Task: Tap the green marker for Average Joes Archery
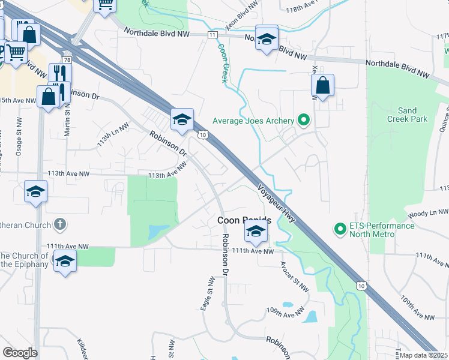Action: (x=304, y=121)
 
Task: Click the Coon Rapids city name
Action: (x=243, y=221)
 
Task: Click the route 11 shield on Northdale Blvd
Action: (x=212, y=35)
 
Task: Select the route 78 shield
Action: (x=67, y=60)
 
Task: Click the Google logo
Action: (x=20, y=352)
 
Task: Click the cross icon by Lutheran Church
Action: (x=59, y=224)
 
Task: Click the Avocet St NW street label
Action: (x=294, y=277)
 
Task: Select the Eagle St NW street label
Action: (x=206, y=293)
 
